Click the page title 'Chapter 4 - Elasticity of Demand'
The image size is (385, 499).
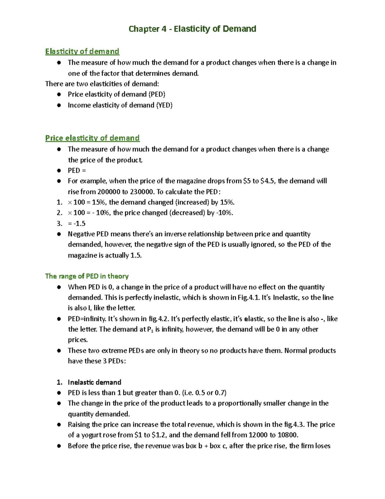click(x=192, y=29)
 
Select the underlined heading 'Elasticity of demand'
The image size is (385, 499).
click(x=82, y=51)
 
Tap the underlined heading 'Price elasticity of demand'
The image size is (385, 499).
click(x=92, y=138)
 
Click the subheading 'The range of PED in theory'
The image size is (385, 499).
click(x=87, y=276)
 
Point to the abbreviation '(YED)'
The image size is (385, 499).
click(x=164, y=105)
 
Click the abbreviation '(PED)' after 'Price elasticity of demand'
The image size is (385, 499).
click(x=157, y=94)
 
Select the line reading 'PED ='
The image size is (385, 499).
click(x=77, y=171)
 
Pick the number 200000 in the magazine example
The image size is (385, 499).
click(x=109, y=192)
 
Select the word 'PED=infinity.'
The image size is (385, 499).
click(x=87, y=319)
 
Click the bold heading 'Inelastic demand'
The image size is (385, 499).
click(x=94, y=382)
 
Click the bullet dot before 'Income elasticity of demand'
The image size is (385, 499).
click(x=59, y=105)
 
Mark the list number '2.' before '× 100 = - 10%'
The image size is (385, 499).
click(x=59, y=213)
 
